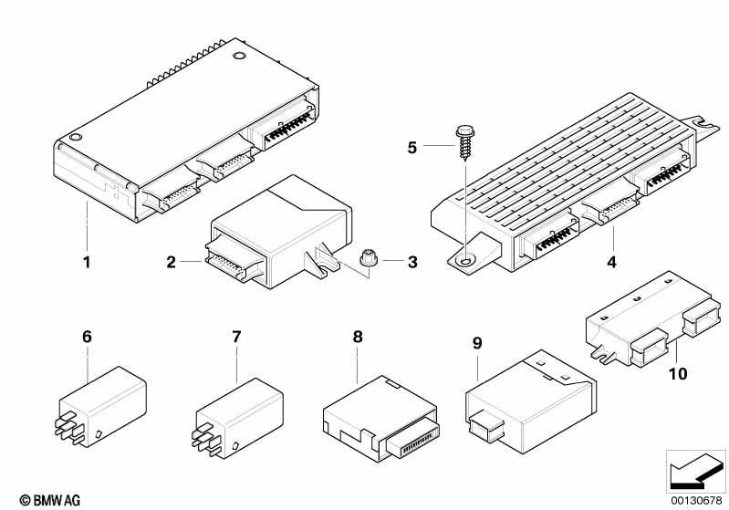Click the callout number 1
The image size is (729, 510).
[x=87, y=264]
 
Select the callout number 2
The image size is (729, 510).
[x=171, y=263]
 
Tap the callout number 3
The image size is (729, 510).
[x=411, y=263]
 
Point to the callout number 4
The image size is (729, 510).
[x=613, y=263]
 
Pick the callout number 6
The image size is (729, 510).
[x=87, y=337]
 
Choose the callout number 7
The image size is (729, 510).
[x=236, y=337]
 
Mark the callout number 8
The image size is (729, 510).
[x=358, y=337]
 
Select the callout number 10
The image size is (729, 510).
[x=677, y=374]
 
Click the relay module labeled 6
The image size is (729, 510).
[x=102, y=409]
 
